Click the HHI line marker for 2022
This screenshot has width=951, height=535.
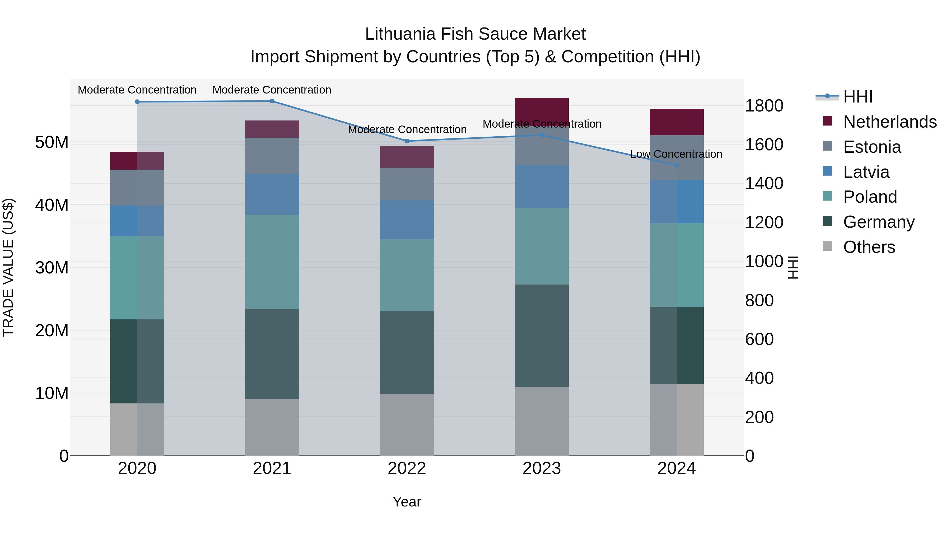pos(407,141)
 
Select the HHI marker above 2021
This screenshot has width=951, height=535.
pos(272,101)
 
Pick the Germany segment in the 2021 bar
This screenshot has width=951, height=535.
pos(272,354)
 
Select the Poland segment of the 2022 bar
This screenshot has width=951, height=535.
pos(407,275)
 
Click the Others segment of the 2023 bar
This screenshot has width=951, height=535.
pos(542,421)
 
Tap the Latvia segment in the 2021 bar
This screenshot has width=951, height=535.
pos(272,194)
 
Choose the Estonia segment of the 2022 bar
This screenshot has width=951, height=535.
pos(407,184)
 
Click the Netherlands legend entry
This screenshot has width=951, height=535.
pos(890,122)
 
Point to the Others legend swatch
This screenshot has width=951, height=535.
pos(828,246)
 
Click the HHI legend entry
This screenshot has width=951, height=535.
pos(857,97)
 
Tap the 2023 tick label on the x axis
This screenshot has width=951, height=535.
pos(542,468)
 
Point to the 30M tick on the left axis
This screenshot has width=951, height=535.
pos(52,268)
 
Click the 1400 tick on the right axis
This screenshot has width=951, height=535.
pos(764,184)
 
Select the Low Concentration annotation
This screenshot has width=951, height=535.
pos(676,154)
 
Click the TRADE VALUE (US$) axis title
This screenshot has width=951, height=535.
pos(8,268)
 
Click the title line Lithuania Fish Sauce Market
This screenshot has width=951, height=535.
pos(475,34)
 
